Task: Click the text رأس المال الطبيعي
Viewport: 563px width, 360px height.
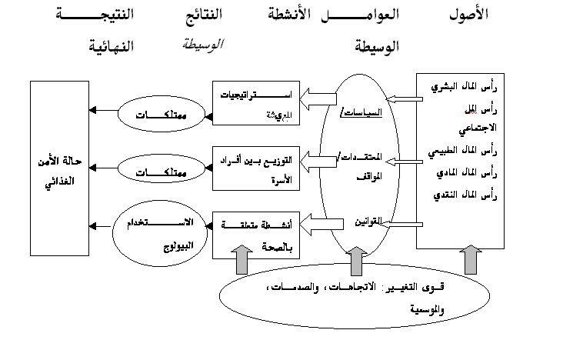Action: (460, 152)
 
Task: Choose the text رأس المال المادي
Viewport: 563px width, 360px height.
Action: (461, 173)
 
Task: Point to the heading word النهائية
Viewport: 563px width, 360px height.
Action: (114, 46)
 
